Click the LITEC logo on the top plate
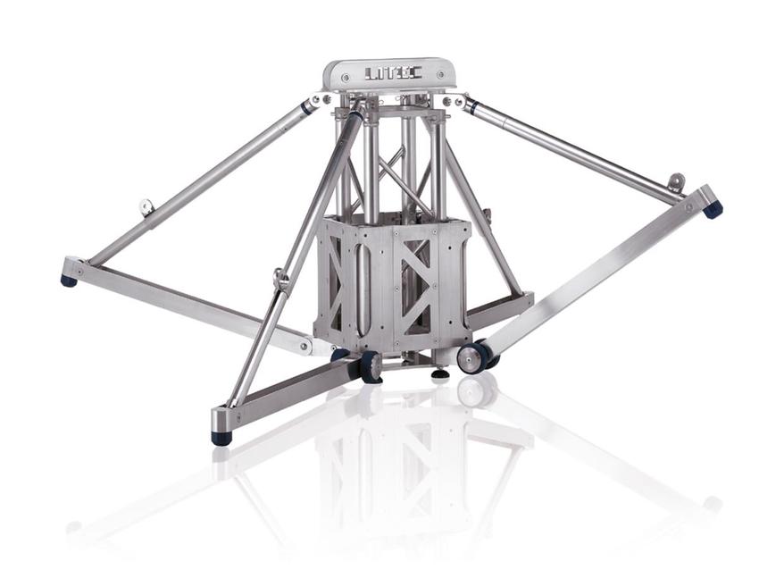tap(388, 72)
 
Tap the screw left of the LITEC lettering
tap(346, 78)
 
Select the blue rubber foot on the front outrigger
tap(221, 437)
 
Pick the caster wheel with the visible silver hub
tap(471, 357)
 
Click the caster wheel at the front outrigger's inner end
tap(370, 367)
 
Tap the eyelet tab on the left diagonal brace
tap(146, 207)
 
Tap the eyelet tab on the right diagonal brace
tap(676, 182)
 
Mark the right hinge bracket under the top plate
tap(456, 101)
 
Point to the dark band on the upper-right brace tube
tap(471, 107)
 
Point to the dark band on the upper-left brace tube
tap(307, 107)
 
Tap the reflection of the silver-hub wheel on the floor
tap(476, 390)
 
